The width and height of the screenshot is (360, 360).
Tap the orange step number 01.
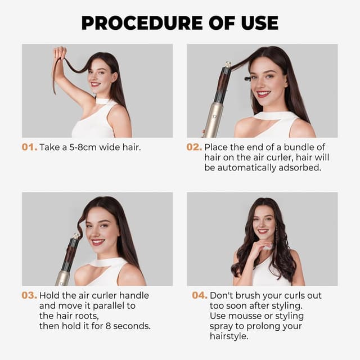(x=29, y=147)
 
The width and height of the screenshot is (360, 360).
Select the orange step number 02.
(x=194, y=147)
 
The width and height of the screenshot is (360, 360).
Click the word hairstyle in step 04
(x=228, y=336)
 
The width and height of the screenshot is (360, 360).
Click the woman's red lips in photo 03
(x=98, y=241)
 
